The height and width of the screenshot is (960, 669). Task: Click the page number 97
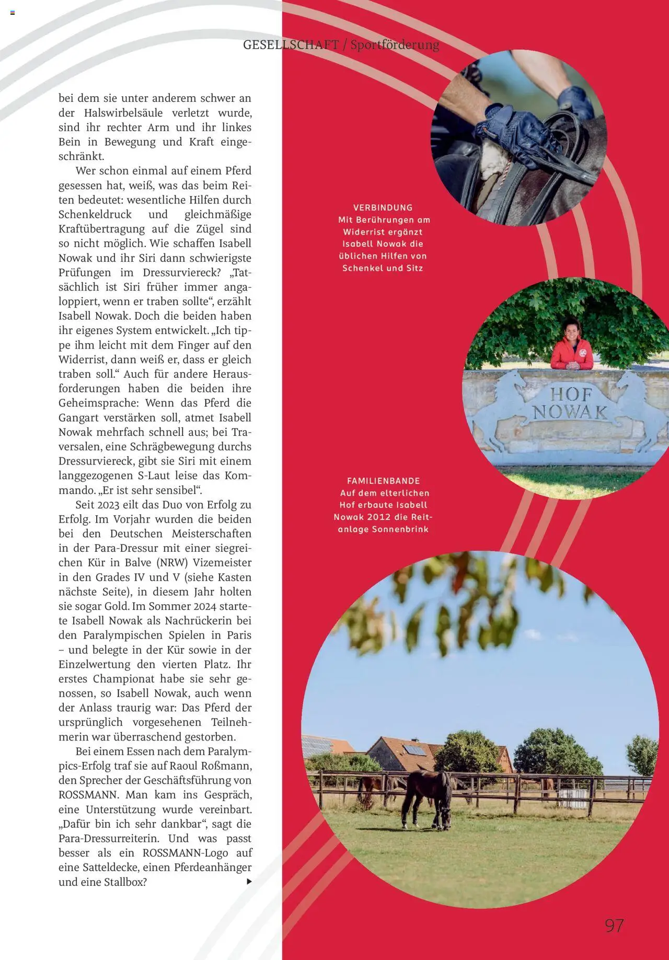tap(614, 926)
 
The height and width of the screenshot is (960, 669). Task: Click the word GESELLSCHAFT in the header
tap(291, 45)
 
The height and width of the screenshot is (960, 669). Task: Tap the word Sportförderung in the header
tap(395, 45)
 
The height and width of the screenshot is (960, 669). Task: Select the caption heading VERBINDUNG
tap(383, 207)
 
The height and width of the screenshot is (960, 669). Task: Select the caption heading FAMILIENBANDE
tap(384, 481)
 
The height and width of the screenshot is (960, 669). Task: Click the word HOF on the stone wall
tap(571, 395)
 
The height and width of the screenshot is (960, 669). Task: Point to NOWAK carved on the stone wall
tap(570, 412)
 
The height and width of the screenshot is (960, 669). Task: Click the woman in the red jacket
tap(571, 349)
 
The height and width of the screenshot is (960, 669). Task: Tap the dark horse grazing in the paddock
tap(425, 799)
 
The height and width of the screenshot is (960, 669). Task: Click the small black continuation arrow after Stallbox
tap(249, 882)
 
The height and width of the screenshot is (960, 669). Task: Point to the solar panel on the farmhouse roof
tap(415, 750)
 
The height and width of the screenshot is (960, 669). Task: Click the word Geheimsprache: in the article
tap(99, 403)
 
